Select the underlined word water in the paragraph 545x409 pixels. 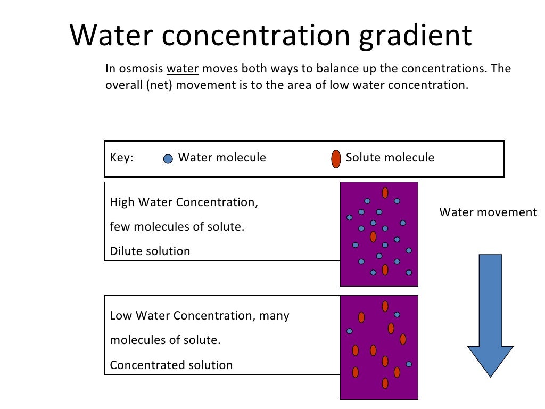[x=183, y=69]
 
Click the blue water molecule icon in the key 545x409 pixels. [x=168, y=159]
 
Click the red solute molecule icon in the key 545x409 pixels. [x=336, y=159]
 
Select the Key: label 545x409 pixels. [x=121, y=158]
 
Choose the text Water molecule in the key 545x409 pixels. [x=222, y=158]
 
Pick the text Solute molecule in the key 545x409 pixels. [x=390, y=158]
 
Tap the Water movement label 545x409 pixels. [x=488, y=212]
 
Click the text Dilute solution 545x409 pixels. [x=150, y=251]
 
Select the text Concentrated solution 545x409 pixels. [x=171, y=365]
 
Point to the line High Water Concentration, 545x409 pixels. [x=184, y=202]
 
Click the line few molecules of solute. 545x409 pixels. [x=177, y=227]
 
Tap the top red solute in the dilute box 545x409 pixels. [x=385, y=193]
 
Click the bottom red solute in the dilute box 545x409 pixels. [x=385, y=270]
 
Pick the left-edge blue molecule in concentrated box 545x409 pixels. [x=350, y=331]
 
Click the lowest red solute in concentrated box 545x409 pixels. [x=385, y=383]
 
